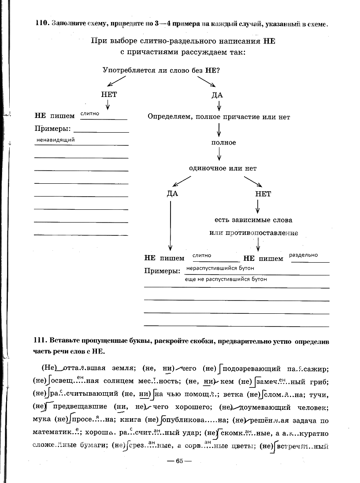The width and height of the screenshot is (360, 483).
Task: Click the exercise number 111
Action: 41,341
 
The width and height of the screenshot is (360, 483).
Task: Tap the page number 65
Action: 179,461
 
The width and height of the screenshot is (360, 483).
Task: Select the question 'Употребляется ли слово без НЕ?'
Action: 161,70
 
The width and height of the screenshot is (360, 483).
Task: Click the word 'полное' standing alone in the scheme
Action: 223,143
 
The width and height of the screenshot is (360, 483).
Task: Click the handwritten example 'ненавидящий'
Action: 56,140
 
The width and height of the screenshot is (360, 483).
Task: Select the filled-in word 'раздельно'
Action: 303,255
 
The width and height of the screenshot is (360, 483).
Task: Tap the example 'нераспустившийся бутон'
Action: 220,268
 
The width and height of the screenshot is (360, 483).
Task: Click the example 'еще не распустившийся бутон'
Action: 226,279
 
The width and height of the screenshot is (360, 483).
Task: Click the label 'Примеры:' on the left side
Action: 52,129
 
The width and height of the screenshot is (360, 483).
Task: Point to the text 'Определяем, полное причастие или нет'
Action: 219,117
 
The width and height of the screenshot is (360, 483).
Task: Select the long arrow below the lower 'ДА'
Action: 170,225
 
